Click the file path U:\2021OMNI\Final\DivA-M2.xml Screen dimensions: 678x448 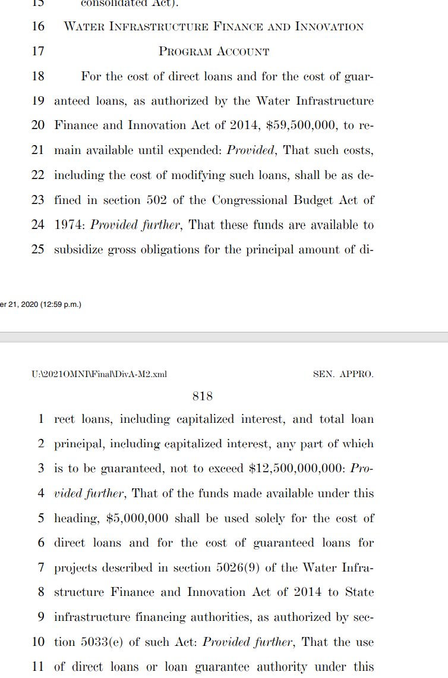tap(100, 374)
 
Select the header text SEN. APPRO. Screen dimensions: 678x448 tap(343, 374)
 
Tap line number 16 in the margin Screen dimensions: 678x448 tap(37, 27)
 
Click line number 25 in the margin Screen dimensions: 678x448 tap(37, 250)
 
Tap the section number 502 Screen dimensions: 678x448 tap(156, 200)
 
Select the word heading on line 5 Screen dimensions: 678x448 tap(76, 519)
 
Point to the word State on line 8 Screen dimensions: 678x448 tap(359, 592)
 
